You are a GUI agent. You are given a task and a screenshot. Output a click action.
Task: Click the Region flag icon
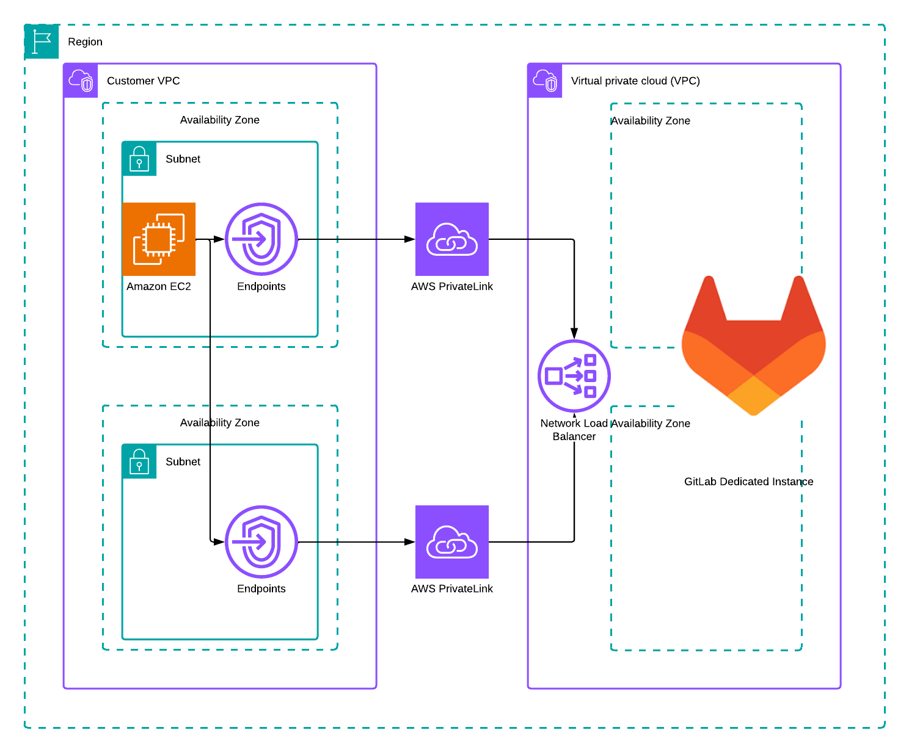[x=42, y=42]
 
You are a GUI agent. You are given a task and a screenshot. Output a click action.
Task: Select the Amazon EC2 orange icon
[x=159, y=239]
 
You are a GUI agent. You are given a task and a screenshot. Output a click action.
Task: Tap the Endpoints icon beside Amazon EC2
[x=261, y=239]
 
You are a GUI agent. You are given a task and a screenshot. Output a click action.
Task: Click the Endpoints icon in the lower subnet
[x=261, y=542]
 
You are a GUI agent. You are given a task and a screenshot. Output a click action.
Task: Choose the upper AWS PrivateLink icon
[x=452, y=239]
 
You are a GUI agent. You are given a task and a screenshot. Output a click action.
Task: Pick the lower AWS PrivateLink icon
[x=452, y=542]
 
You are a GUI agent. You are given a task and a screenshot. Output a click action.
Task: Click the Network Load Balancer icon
[x=574, y=376]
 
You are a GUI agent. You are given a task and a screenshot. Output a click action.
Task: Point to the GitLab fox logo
[x=754, y=348]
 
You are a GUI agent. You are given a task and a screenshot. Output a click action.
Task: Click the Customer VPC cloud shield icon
[x=81, y=81]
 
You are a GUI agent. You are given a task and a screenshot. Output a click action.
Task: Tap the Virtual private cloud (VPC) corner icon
[x=545, y=81]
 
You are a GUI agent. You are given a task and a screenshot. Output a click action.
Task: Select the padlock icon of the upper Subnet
[x=139, y=159]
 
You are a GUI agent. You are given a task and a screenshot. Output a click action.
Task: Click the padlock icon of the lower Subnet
[x=139, y=461]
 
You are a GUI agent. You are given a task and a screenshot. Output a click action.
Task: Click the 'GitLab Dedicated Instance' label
[x=748, y=482]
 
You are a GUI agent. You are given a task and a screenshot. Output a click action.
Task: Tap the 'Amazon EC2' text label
[x=159, y=286]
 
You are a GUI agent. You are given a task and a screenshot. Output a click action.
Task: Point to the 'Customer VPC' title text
[x=143, y=81]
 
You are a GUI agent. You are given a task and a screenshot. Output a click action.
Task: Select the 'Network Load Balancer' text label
[x=574, y=430]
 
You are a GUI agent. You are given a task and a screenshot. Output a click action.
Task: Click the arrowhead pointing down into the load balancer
[x=574, y=333]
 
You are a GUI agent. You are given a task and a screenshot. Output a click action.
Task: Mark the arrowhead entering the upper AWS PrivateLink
[x=410, y=239]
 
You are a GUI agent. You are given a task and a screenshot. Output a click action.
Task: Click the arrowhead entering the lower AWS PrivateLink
[x=410, y=542]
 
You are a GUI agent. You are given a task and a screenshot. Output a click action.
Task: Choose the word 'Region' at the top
[x=85, y=42]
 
